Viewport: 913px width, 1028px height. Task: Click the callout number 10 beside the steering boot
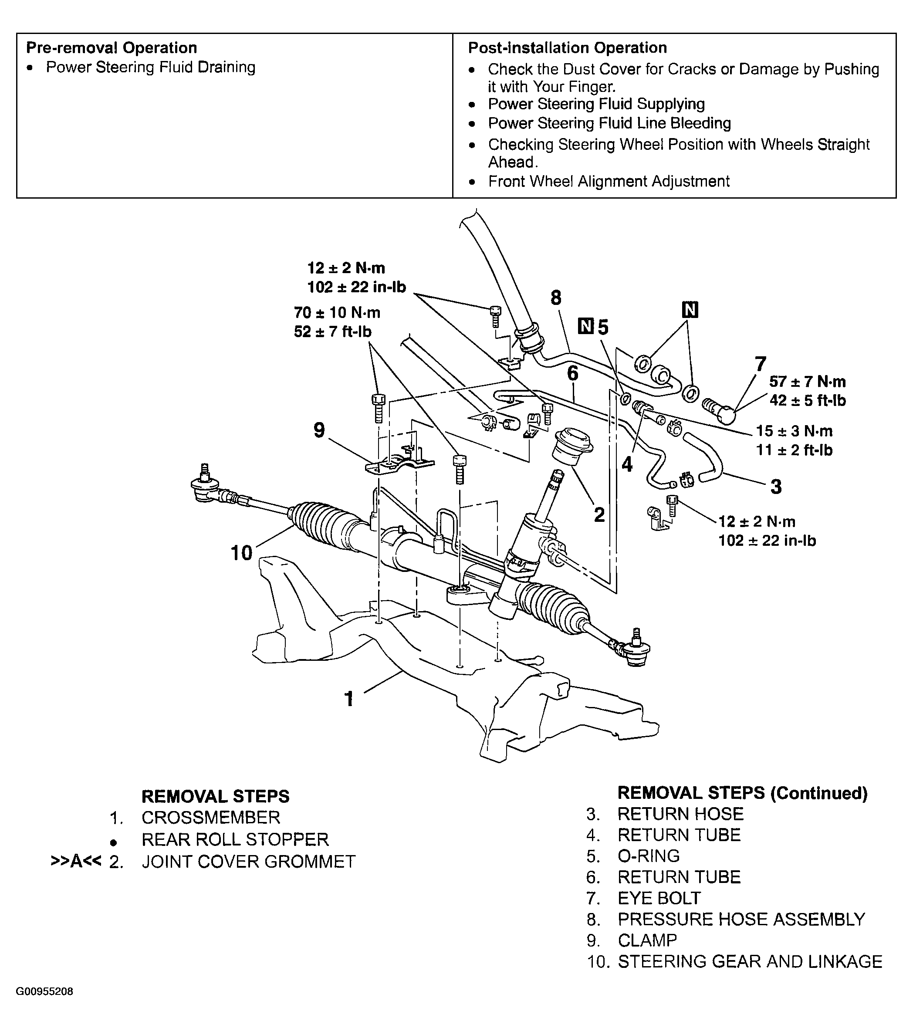click(241, 553)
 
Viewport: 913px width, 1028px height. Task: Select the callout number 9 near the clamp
click(319, 430)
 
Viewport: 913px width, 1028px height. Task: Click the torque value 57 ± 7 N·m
click(807, 381)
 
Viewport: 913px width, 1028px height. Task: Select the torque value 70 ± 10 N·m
click(337, 313)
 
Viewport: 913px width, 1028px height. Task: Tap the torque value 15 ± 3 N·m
click(794, 431)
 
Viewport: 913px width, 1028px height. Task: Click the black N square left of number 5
click(585, 326)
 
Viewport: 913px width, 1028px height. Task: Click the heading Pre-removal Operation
click(111, 48)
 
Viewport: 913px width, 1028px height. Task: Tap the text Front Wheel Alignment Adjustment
click(608, 181)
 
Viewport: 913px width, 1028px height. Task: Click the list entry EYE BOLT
click(659, 898)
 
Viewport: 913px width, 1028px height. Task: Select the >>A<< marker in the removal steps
click(76, 862)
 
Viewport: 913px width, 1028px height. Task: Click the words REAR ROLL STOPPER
click(235, 839)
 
